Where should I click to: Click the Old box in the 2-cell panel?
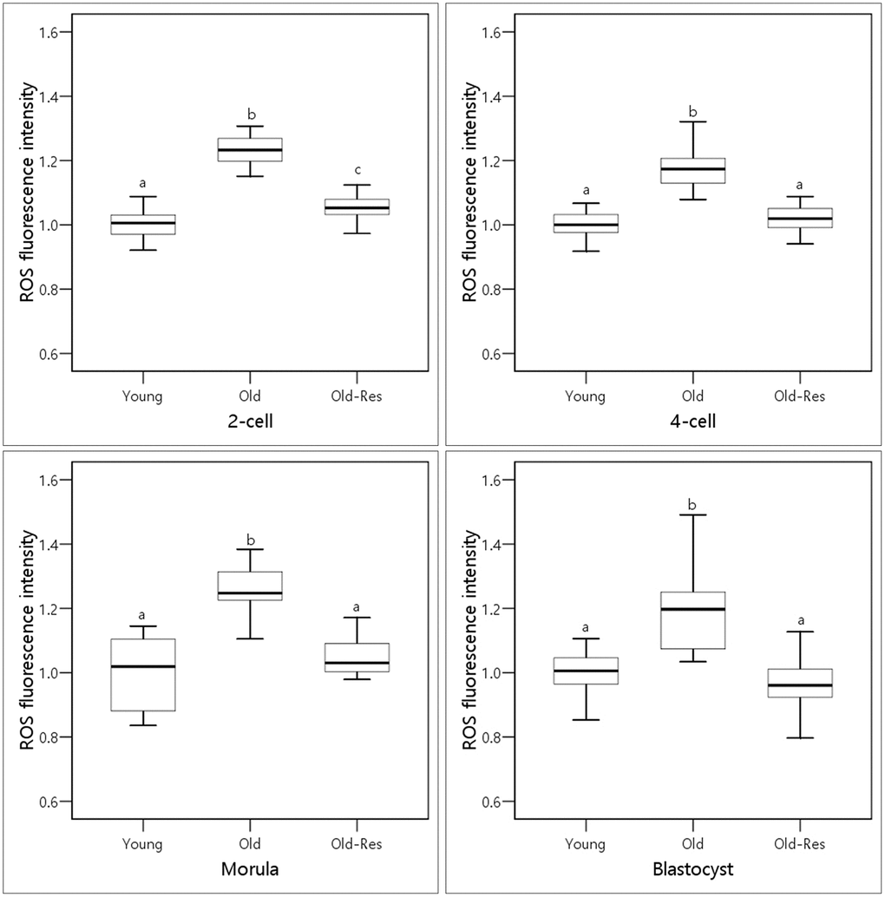(251, 149)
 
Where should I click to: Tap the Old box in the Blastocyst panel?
(692, 619)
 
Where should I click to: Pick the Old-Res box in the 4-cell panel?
(799, 218)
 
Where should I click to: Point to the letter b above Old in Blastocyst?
(692, 504)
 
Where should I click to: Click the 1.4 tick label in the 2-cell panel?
(56, 96)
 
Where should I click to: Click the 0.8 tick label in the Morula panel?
(56, 737)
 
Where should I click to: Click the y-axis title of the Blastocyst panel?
(469, 640)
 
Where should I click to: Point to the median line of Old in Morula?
(251, 593)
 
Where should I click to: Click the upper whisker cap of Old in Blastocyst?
(692, 515)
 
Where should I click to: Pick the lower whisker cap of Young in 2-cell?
(144, 250)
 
